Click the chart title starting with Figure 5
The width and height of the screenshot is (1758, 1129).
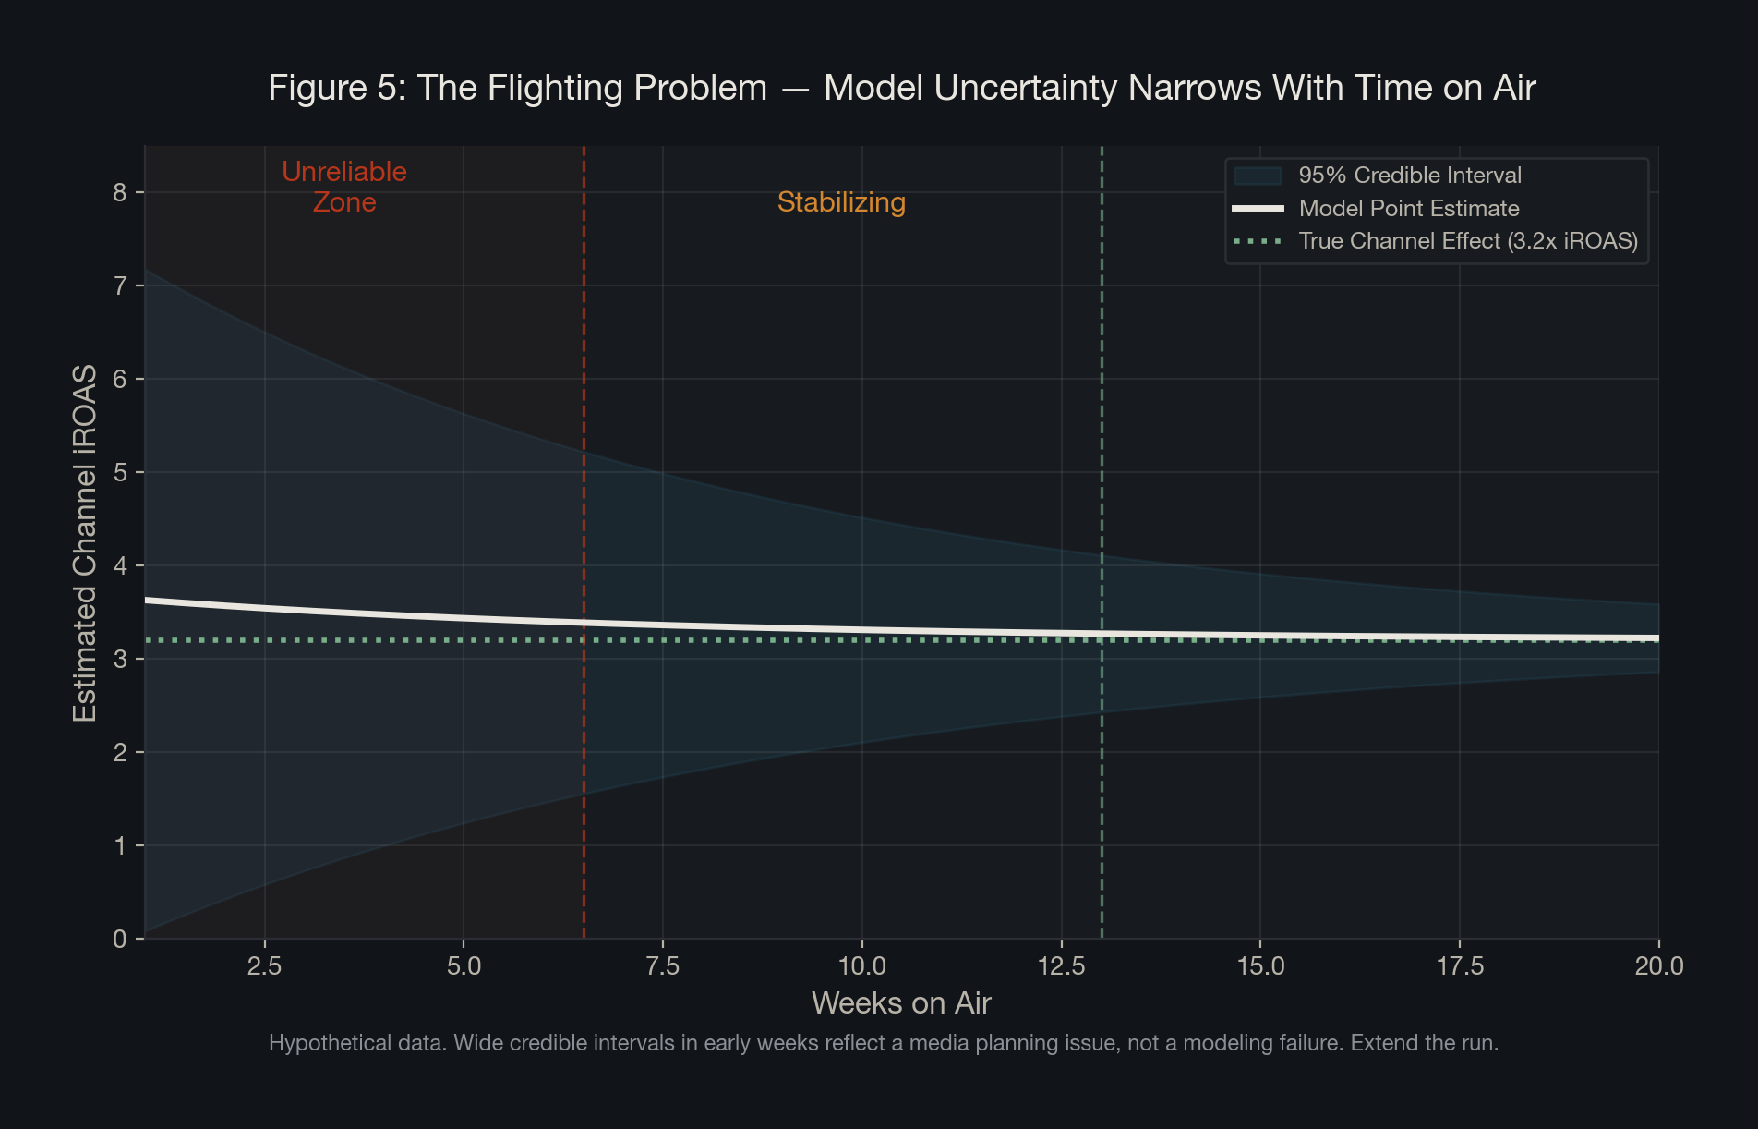[x=901, y=88]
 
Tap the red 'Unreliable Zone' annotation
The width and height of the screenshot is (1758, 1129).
[x=343, y=187]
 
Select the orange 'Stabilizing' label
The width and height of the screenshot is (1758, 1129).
[x=841, y=202]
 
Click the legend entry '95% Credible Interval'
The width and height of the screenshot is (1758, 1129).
[x=1409, y=176]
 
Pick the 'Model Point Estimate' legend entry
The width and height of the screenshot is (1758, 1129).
[x=1408, y=209]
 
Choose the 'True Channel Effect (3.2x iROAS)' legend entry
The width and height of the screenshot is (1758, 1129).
[x=1467, y=241]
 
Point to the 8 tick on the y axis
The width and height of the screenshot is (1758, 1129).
[x=120, y=192]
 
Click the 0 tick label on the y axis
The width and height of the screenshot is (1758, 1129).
[x=120, y=939]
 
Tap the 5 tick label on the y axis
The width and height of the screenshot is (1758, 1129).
[x=120, y=473]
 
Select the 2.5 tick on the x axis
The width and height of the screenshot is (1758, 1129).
[x=264, y=966]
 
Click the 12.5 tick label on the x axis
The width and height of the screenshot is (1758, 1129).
[x=1061, y=966]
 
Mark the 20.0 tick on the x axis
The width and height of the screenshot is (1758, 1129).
[x=1658, y=966]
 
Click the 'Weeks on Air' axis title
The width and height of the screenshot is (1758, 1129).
[x=901, y=1003]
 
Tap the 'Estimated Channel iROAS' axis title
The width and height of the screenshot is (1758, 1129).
[x=85, y=543]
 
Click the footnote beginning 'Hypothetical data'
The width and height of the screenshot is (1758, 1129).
[x=883, y=1043]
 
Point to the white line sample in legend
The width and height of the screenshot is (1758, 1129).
[x=1258, y=209]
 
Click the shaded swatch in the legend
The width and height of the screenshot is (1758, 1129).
[x=1258, y=176]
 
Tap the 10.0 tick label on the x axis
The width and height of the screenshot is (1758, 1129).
[x=861, y=966]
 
